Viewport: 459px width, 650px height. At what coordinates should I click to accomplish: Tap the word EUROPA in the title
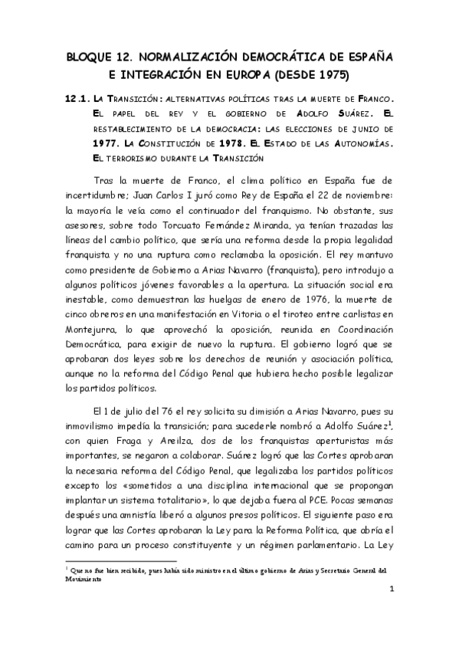248,75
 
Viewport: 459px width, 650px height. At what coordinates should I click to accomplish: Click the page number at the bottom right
391,610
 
